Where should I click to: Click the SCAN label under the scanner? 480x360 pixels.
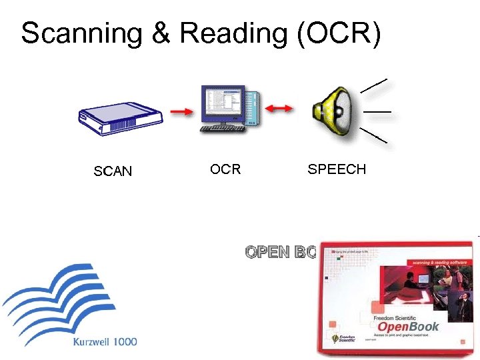pos(113,172)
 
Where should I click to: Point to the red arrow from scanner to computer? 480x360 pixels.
pos(181,112)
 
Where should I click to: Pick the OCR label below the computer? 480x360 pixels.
pos(225,169)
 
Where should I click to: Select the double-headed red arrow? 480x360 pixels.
pos(279,109)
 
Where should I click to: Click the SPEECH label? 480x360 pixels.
pos(337,169)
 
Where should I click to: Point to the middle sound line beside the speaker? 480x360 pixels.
pos(377,110)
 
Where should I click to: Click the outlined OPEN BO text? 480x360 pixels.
pos(280,253)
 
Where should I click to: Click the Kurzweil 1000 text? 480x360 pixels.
pos(104,342)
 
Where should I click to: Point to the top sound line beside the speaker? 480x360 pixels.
pos(373,85)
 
